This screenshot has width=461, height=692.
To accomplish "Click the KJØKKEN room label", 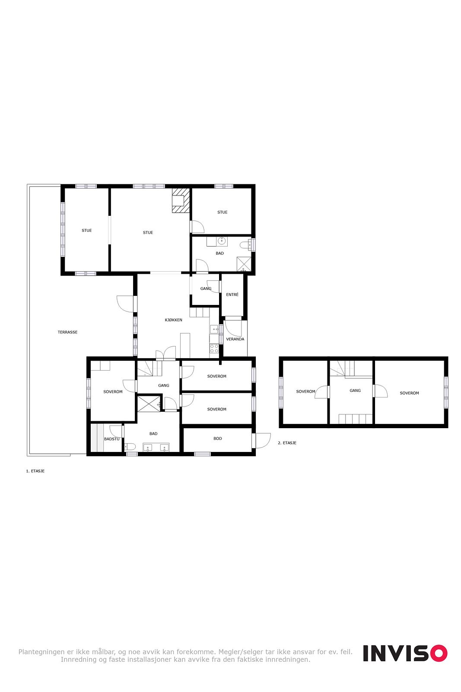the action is (173, 320).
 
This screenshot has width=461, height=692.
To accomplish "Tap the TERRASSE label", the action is (67, 332).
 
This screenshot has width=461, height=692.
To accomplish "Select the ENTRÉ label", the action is (232, 295).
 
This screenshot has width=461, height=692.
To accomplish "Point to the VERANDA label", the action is (235, 339).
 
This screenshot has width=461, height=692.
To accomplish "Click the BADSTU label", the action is (112, 439).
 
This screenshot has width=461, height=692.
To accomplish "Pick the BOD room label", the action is (218, 439).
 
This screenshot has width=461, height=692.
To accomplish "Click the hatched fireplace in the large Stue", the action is (181, 200).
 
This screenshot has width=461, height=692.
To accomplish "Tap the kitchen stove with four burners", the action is (214, 349).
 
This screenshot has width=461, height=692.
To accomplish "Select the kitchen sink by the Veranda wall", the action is (214, 329).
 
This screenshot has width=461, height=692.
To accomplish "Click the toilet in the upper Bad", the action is (246, 245).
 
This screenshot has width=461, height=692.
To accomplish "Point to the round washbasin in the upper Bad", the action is (222, 240).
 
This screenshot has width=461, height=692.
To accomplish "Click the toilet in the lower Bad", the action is (130, 447).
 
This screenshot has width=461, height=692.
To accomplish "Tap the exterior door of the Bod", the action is (262, 441).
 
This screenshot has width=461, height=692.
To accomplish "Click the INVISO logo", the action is (405, 653).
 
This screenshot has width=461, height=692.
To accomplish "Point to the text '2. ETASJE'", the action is (287, 443).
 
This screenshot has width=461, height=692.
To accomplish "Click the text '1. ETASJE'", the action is (35, 471).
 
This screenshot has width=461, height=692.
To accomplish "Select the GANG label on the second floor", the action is (355, 391).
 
